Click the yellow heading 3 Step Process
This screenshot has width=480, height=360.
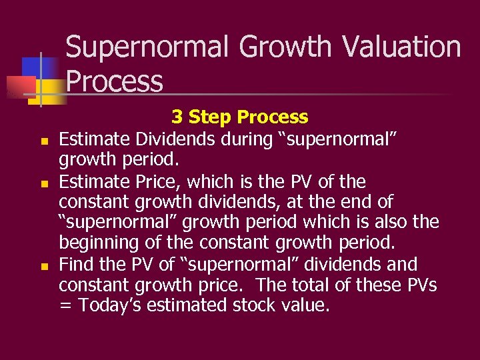point(239,117)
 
